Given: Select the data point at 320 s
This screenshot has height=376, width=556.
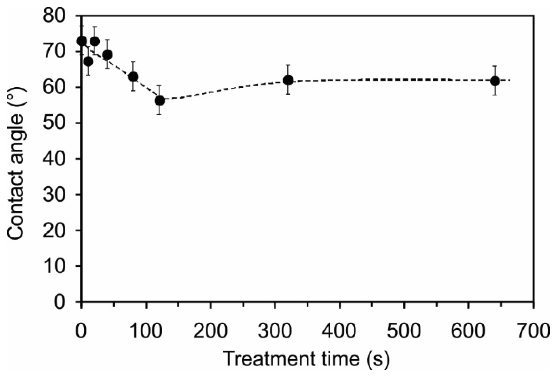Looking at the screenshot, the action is pyautogui.click(x=288, y=80).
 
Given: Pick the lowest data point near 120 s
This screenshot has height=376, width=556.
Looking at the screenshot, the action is pyautogui.click(x=160, y=100).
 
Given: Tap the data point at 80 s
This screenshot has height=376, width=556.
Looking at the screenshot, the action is pyautogui.click(x=133, y=77).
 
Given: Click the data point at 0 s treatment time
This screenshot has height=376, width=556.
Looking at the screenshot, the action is pyautogui.click(x=82, y=41).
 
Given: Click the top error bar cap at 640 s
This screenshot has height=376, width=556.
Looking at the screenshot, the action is pyautogui.click(x=495, y=66).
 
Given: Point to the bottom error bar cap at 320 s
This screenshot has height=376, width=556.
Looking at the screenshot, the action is pyautogui.click(x=288, y=94).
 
